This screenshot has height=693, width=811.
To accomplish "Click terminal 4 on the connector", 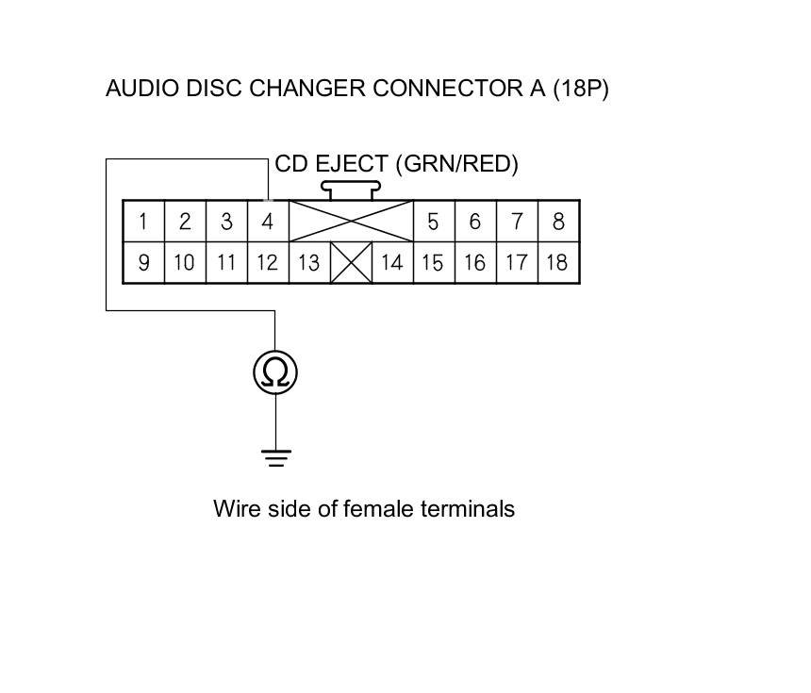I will click(268, 223).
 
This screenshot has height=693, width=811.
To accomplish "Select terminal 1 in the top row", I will click(143, 223).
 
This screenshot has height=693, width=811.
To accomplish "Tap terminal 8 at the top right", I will click(558, 223).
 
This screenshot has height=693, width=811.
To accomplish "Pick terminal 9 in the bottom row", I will click(143, 262).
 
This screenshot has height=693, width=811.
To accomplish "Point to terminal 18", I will click(557, 262).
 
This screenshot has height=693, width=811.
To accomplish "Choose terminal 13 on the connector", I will click(308, 262).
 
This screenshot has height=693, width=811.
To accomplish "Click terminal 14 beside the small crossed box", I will click(391, 262).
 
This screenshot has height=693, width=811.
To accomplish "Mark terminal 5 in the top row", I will click(433, 223).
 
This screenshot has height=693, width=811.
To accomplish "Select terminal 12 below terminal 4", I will click(268, 262).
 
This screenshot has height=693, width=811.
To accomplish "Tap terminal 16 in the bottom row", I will click(474, 262).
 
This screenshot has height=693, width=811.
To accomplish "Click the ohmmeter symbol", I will click(275, 372).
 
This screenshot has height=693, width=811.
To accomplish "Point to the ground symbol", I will click(275, 459).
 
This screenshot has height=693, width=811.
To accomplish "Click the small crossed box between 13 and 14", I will click(352, 262).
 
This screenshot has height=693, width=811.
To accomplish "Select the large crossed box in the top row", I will click(351, 222).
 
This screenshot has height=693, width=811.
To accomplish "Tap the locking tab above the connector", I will click(352, 190).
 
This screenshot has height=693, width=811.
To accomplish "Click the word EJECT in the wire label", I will click(352, 164).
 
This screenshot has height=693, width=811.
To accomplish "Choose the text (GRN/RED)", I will click(457, 164).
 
